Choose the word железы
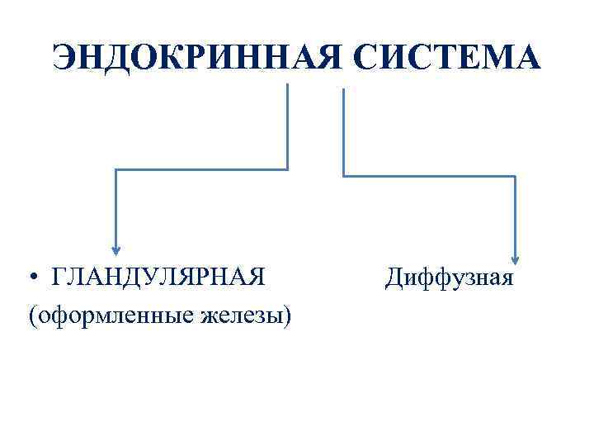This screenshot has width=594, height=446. pyautogui.click(x=239, y=315)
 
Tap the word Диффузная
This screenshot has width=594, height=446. pyautogui.click(x=449, y=277)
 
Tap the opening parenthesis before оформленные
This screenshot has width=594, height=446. pyautogui.click(x=31, y=316)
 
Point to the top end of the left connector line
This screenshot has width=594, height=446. pyautogui.click(x=287, y=86)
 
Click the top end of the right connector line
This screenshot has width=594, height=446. pyautogui.click(x=343, y=90)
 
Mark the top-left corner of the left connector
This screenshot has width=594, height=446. pyautogui.click(x=116, y=169)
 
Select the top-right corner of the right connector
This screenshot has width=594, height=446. pyautogui.click(x=516, y=176)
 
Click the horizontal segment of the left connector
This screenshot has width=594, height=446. pyautogui.click(x=202, y=169)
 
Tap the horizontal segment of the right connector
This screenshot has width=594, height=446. pyautogui.click(x=429, y=176)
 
